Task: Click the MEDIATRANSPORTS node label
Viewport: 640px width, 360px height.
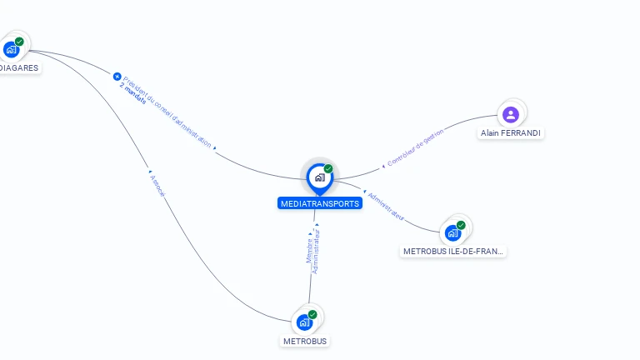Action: pyautogui.click(x=320, y=203)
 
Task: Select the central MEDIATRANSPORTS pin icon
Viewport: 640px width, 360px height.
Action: pyautogui.click(x=319, y=177)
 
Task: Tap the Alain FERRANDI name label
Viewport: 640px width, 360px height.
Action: pyautogui.click(x=512, y=133)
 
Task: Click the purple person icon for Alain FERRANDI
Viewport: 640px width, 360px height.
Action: pyautogui.click(x=511, y=114)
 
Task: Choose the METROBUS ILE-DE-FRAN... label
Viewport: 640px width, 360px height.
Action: pyautogui.click(x=453, y=251)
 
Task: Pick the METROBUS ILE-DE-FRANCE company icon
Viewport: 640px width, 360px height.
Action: pyautogui.click(x=453, y=232)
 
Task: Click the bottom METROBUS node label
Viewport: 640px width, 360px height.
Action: pyautogui.click(x=305, y=341)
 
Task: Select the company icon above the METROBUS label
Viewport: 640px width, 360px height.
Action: pyautogui.click(x=304, y=322)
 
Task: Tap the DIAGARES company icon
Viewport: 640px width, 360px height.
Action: pyautogui.click(x=11, y=49)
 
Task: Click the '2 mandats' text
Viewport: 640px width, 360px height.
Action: pyautogui.click(x=132, y=95)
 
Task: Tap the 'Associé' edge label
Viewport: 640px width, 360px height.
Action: pyautogui.click(x=157, y=186)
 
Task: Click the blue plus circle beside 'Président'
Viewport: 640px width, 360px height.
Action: pyautogui.click(x=117, y=77)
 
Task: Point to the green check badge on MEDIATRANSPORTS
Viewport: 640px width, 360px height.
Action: pyautogui.click(x=328, y=169)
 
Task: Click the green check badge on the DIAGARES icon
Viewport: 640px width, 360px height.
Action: pyautogui.click(x=19, y=42)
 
